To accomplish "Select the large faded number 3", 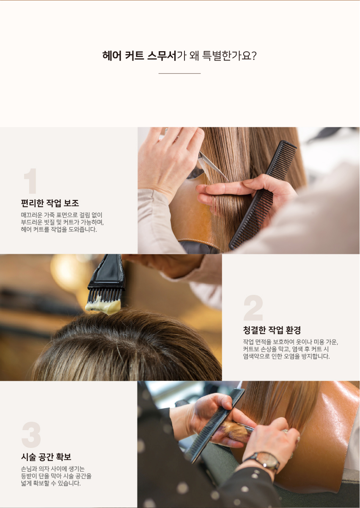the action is click(x=31, y=434).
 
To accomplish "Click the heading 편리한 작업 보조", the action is click(x=50, y=203).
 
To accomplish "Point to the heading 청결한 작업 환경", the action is click(x=272, y=330).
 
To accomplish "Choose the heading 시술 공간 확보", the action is click(x=46, y=457).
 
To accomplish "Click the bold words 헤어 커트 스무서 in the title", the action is click(x=139, y=56).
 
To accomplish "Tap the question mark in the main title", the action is click(x=254, y=56).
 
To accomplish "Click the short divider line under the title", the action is click(x=180, y=74).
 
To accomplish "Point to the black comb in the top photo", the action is click(x=263, y=195).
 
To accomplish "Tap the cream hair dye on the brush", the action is click(x=103, y=305).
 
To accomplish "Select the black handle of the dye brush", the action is click(x=108, y=272).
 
